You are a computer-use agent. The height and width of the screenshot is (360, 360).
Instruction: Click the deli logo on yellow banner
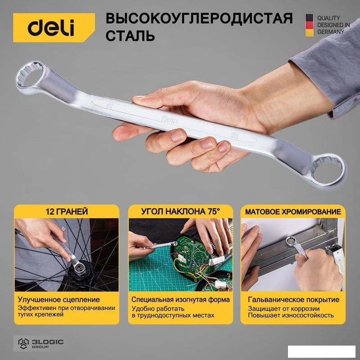click(x=51, y=27)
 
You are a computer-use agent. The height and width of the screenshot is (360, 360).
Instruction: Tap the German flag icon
click(x=309, y=25)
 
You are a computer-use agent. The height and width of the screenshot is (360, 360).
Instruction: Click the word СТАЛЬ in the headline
click(x=130, y=36)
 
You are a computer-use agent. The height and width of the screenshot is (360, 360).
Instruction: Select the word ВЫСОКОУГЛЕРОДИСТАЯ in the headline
click(x=199, y=18)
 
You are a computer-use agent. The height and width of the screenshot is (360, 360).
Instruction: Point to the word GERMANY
click(x=330, y=31)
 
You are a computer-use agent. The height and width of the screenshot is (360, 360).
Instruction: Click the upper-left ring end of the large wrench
click(x=30, y=75)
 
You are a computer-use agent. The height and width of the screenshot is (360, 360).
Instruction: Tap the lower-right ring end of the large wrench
click(x=328, y=171)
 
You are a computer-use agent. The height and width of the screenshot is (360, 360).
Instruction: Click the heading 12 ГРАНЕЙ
click(x=67, y=211)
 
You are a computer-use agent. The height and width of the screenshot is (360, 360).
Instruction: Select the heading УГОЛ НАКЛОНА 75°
click(x=180, y=211)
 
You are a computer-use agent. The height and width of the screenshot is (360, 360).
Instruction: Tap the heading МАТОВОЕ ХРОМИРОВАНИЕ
click(x=293, y=211)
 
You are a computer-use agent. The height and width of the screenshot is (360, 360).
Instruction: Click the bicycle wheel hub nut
click(x=80, y=266)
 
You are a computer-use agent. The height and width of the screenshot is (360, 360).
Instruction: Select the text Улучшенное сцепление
click(x=59, y=300)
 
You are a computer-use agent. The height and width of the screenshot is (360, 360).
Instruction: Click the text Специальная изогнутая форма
click(x=180, y=300)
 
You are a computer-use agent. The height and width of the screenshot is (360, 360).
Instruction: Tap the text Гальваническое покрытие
click(x=294, y=300)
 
